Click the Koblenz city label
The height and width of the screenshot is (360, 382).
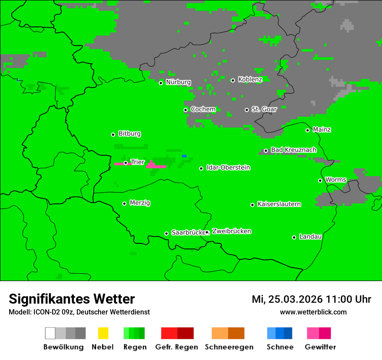tap(250, 79)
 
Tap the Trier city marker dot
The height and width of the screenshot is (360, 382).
tap(125, 163)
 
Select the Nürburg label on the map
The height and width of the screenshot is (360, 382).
tap(178, 82)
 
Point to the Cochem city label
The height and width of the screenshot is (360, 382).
tap(203, 109)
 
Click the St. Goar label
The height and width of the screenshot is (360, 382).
tap(264, 109)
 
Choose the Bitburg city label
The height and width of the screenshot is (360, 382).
tap(129, 134)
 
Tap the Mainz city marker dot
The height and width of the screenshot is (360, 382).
tap(307, 130)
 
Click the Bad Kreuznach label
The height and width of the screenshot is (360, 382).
tap(293, 150)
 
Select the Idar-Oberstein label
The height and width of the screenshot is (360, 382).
tap(228, 167)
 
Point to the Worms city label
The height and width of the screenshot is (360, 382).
tap(336, 180)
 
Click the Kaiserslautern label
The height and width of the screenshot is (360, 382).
tap(279, 204)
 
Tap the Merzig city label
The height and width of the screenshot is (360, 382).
tap(140, 203)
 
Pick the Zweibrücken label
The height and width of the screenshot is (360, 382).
tap(231, 231)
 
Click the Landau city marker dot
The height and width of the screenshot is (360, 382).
tap(294, 237)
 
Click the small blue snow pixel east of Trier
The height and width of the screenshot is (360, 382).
tap(184, 156)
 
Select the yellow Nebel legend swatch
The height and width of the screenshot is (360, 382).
tap(103, 333)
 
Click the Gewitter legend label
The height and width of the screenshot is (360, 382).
tap(320, 347)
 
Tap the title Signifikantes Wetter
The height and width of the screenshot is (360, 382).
tap(72, 299)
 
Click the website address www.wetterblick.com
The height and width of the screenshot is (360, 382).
tap(313, 312)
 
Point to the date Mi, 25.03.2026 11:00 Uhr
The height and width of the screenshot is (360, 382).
tap(311, 299)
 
